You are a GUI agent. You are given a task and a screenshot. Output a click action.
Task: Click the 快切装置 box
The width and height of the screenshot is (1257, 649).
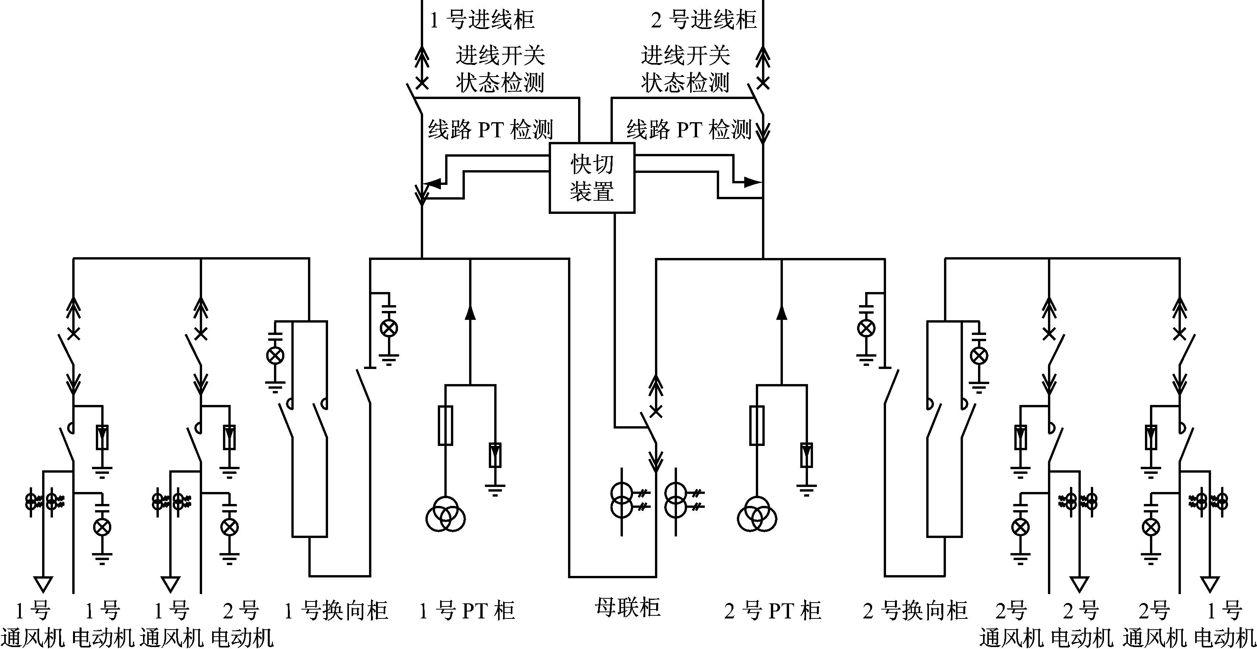pyautogui.click(x=592, y=178)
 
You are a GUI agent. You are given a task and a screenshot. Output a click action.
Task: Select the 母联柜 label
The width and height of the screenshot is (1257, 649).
pyautogui.click(x=627, y=608)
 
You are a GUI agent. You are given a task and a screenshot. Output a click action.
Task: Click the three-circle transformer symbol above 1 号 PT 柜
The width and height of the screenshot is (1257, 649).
pyautogui.click(x=445, y=515)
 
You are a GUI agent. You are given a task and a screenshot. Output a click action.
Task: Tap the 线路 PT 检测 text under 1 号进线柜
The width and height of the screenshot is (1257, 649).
pyautogui.click(x=490, y=130)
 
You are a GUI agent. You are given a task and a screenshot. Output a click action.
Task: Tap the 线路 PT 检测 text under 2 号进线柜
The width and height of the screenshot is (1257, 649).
pyautogui.click(x=689, y=130)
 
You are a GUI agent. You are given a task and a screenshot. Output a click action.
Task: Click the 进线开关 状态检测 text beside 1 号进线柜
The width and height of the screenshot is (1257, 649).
pyautogui.click(x=500, y=69)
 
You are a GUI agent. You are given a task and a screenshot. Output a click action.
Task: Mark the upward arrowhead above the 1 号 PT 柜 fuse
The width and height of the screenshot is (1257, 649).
pyautogui.click(x=470, y=313)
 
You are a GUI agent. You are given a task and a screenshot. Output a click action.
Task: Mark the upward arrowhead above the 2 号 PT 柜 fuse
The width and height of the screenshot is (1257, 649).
pyautogui.click(x=782, y=313)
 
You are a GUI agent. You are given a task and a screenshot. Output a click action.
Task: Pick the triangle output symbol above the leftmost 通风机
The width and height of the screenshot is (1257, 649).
pyautogui.click(x=43, y=584)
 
